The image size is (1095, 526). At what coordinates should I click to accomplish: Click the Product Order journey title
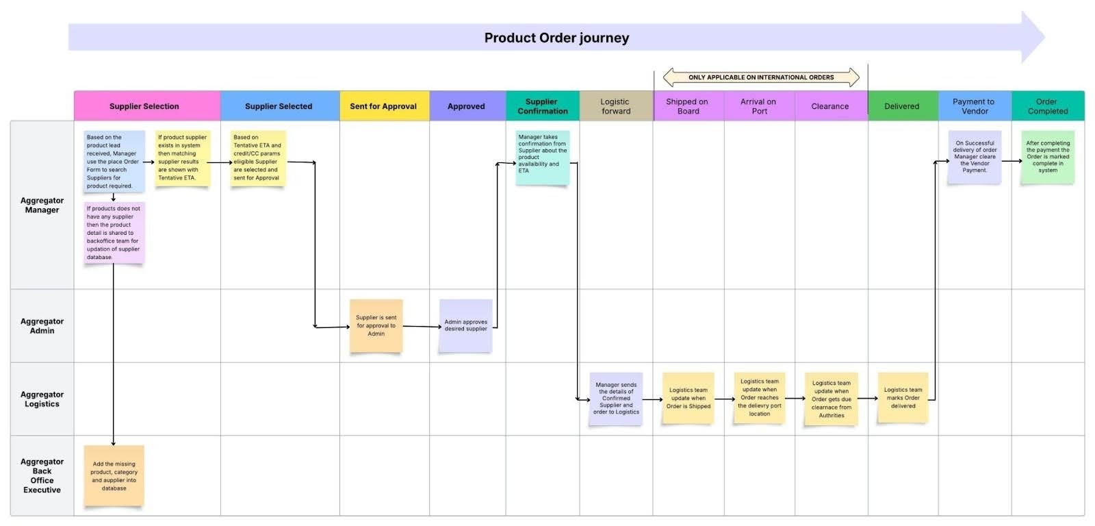(x=556, y=38)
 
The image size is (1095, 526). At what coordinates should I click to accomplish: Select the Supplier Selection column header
(x=144, y=106)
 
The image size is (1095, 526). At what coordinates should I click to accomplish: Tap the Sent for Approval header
(x=383, y=106)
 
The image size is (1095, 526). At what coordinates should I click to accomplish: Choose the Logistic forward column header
(x=615, y=106)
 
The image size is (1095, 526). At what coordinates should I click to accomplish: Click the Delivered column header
(x=901, y=106)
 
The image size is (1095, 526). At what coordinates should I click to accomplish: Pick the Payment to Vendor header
(x=974, y=106)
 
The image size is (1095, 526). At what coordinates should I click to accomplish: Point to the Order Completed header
(x=1047, y=106)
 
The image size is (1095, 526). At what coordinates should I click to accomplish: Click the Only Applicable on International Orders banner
(x=761, y=77)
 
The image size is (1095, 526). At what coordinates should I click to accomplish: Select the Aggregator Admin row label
(x=42, y=326)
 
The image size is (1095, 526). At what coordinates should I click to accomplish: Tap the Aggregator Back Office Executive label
(x=42, y=475)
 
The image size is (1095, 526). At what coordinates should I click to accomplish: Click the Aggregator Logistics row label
(x=42, y=399)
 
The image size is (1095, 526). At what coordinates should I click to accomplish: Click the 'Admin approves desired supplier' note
(x=465, y=325)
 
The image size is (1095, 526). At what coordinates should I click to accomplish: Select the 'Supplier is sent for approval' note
(x=376, y=326)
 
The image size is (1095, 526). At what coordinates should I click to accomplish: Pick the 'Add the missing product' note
(x=114, y=476)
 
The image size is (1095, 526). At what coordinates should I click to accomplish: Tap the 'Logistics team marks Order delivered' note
(x=903, y=398)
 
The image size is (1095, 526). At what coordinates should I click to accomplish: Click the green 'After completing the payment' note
(x=1047, y=157)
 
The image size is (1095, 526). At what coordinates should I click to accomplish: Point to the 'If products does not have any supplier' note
(x=114, y=232)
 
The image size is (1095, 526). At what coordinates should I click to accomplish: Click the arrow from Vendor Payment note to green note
(x=1012, y=162)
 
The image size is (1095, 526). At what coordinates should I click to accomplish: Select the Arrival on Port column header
(x=758, y=106)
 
